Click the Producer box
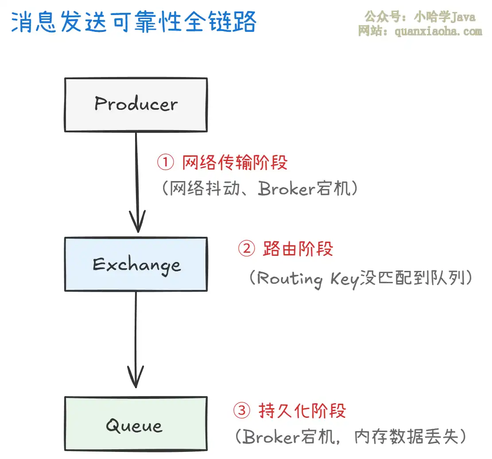pyautogui.click(x=136, y=105)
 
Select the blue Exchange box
pyautogui.click(x=136, y=264)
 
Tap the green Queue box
pyautogui.click(x=136, y=424)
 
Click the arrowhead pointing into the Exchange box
pyautogui.click(x=137, y=221)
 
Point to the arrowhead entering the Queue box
pyautogui.click(x=136, y=377)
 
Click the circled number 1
pyautogui.click(x=165, y=162)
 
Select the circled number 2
pyautogui.click(x=247, y=249)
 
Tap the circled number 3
pyautogui.click(x=242, y=410)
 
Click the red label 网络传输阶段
pyautogui.click(x=235, y=162)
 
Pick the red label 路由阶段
pyautogui.click(x=298, y=249)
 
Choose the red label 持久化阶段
pyautogui.click(x=302, y=411)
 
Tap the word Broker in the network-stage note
pyautogui.click(x=287, y=189)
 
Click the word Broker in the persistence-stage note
pyautogui.click(x=272, y=437)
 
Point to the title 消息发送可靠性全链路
pyautogui.click(x=134, y=22)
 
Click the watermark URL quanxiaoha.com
pyautogui.click(x=438, y=31)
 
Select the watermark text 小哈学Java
pyautogui.click(x=445, y=17)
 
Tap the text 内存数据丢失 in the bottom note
pyautogui.click(x=407, y=437)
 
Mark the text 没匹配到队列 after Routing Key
pyautogui.click(x=412, y=278)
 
